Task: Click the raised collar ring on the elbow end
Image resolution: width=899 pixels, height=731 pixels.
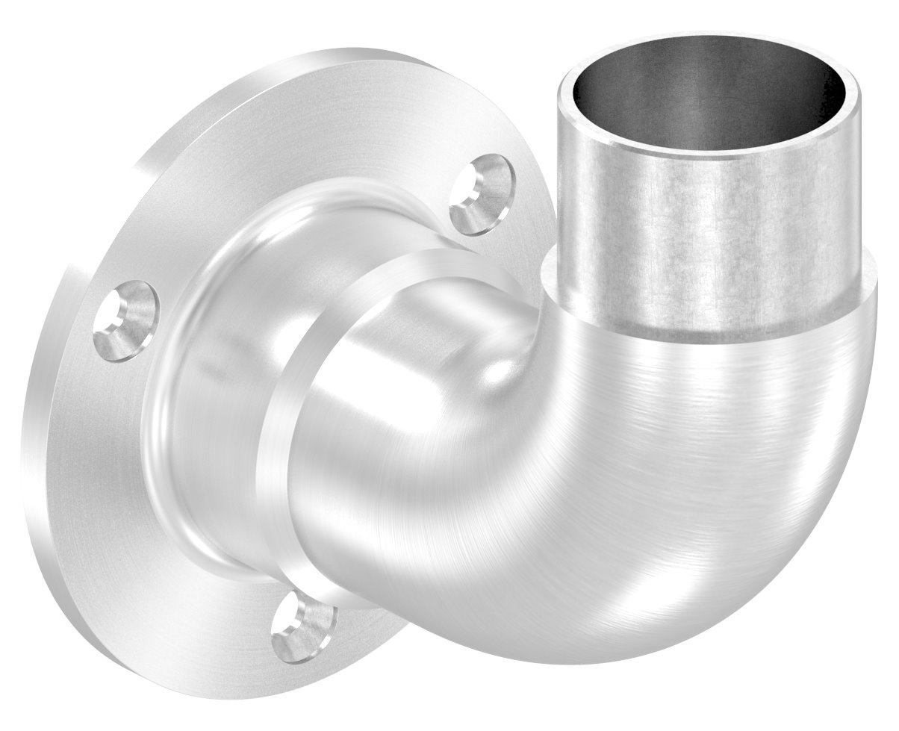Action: coord(299,418)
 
